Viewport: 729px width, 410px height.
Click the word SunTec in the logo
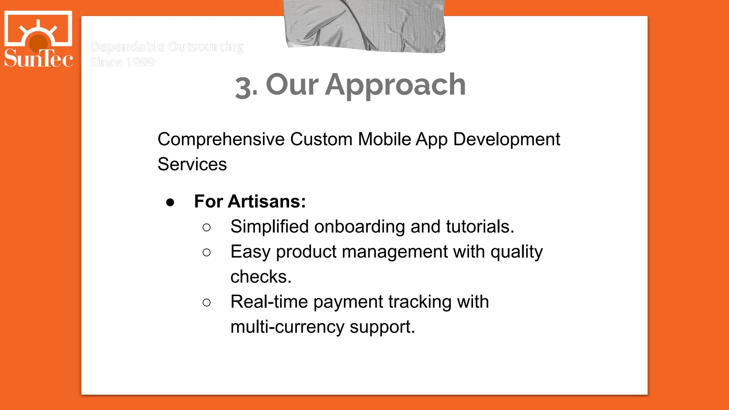pyautogui.click(x=38, y=58)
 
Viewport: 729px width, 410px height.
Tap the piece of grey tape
pyautogui.click(x=365, y=25)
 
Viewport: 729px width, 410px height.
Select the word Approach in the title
pyautogui.click(x=395, y=85)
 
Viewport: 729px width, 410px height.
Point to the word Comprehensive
pyautogui.click(x=221, y=139)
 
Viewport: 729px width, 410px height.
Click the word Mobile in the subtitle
pyautogui.click(x=384, y=139)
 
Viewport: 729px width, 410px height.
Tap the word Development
pyautogui.click(x=507, y=139)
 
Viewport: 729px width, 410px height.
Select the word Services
pyautogui.click(x=192, y=164)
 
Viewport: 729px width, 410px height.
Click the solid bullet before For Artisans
pyautogui.click(x=170, y=202)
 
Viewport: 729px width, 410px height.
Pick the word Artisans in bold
pyautogui.click(x=267, y=201)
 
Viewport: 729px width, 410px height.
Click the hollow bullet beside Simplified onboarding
pyautogui.click(x=206, y=227)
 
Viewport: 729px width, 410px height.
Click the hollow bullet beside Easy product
pyautogui.click(x=206, y=253)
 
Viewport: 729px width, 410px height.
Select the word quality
pyautogui.click(x=516, y=252)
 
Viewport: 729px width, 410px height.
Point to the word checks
pyautogui.click(x=261, y=277)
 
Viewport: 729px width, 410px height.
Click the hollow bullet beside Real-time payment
pyautogui.click(x=206, y=303)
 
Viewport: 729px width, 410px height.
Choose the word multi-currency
pyautogui.click(x=287, y=327)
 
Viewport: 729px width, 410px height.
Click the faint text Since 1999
pyautogui.click(x=122, y=62)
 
